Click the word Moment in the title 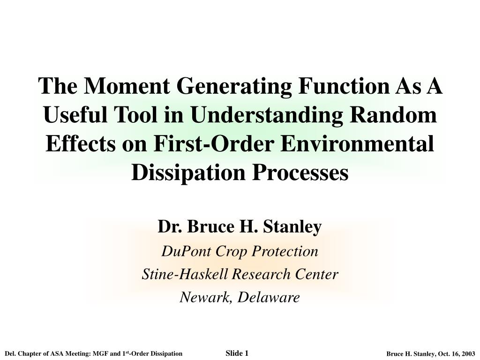tap(127, 86)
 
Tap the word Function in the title tap(344, 86)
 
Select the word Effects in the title tap(81, 143)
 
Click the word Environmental tap(357, 143)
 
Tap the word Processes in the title tap(300, 172)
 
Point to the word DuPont tap(187, 251)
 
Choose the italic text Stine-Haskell tap(185, 274)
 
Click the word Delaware tap(269, 297)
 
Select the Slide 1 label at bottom tap(237, 353)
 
